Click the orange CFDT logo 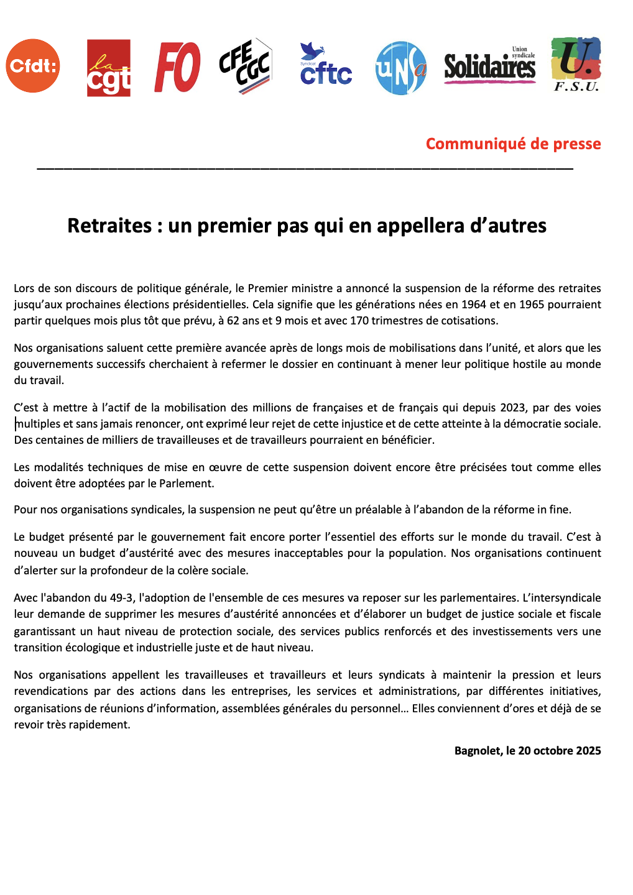pos(33,66)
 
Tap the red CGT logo pos(109,68)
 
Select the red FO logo pos(177,67)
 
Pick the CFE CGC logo pos(246,67)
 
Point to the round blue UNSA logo pos(401,68)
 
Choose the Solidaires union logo pos(490,66)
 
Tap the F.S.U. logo pos(576,65)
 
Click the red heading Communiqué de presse pos(513,144)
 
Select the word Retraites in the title pos(109,226)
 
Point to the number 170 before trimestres pos(359,321)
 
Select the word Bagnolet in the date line pos(477,751)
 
